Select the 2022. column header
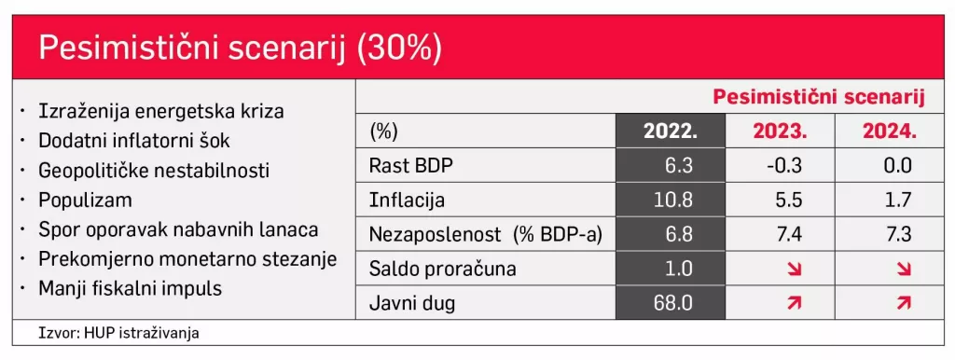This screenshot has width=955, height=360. coord(671,132)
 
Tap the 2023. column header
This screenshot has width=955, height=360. coord(780,132)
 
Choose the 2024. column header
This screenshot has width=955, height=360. coord(889,132)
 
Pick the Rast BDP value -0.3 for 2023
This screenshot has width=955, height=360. coord(780,166)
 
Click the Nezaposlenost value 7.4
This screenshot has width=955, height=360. coord(780,234)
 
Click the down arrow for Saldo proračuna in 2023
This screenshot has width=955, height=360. coord(780,269)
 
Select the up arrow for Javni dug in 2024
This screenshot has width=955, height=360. coord(889,302)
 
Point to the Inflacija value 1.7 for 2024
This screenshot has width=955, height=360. coord(889,201)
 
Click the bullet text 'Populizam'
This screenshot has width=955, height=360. coord(85,201)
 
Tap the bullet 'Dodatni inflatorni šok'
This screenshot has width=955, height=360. coord(134,142)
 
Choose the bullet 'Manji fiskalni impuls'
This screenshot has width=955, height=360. coord(130,288)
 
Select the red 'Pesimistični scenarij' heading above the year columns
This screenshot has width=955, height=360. coord(818,97)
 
